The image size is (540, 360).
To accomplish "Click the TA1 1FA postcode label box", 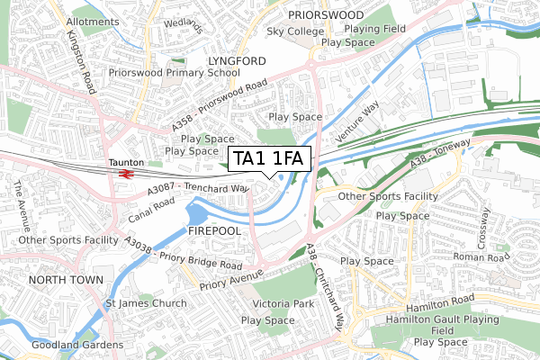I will pyautogui.click(x=271, y=159).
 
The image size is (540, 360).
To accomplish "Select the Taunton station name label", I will pyautogui.click(x=126, y=162).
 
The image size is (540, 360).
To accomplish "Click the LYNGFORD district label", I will pyautogui.click(x=237, y=60).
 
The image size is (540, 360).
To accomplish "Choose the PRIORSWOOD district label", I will pyautogui.click(x=326, y=15).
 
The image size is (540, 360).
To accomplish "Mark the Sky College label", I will pyautogui.click(x=295, y=31).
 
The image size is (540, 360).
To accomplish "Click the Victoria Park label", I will pyautogui.click(x=283, y=304).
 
